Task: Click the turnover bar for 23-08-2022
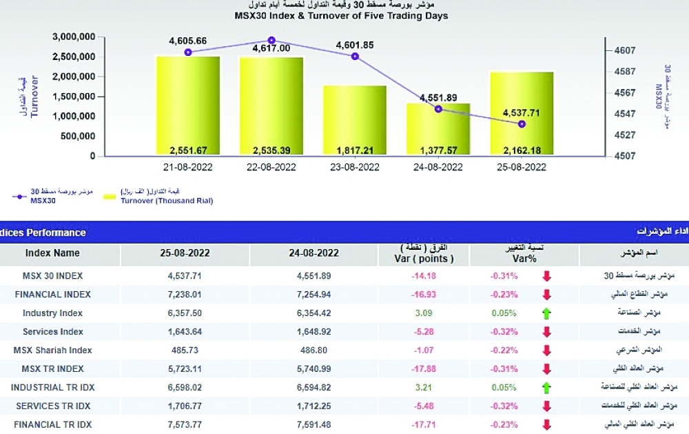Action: pos(354,121)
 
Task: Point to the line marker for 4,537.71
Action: pos(522,124)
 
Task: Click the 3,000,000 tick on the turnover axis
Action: pos(72,37)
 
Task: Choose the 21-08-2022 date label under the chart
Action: pos(187,167)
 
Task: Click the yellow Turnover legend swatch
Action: pos(107,197)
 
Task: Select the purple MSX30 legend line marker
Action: pos(23,197)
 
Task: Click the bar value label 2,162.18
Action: pos(522,150)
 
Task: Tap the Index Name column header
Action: pos(52,253)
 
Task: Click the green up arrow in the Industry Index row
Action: pos(547,313)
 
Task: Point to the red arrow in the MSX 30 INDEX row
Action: pos(547,276)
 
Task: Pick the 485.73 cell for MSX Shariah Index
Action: pos(184,351)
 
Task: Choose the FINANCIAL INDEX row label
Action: pos(53,295)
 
